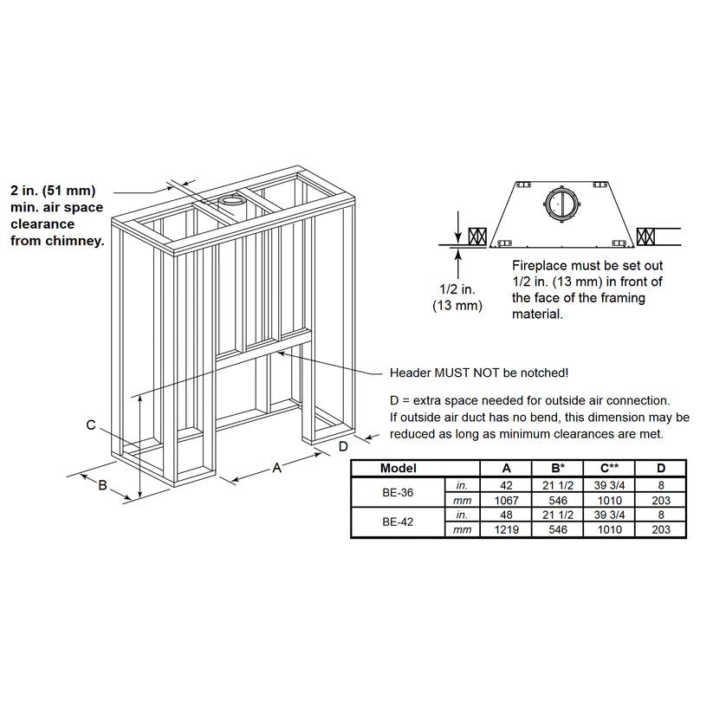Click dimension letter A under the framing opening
(x=276, y=467)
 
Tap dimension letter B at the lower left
(x=102, y=485)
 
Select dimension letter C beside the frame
(x=91, y=425)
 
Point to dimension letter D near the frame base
(x=343, y=446)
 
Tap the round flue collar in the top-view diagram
(x=562, y=204)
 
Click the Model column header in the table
(x=399, y=468)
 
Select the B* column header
(x=557, y=468)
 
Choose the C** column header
(x=609, y=468)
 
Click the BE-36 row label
(x=398, y=492)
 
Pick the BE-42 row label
(x=398, y=522)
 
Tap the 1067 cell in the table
(x=506, y=500)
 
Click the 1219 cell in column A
(x=506, y=529)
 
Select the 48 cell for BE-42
(x=506, y=515)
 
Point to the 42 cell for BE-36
(x=506, y=485)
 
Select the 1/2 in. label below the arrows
(x=457, y=289)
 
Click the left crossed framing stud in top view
(x=477, y=237)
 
